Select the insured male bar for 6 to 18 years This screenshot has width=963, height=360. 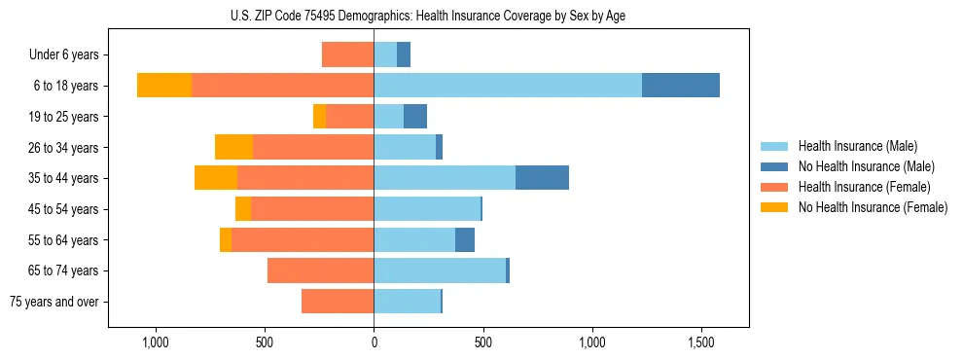507,86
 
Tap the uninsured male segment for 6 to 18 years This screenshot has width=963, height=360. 681,86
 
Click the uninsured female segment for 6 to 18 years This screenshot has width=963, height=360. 164,86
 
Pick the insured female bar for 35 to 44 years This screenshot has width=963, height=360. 305,178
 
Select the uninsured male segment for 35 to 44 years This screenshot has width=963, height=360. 542,178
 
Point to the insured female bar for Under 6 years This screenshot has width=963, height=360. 347,54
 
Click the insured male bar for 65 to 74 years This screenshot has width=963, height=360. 440,270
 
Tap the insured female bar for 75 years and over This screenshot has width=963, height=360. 338,302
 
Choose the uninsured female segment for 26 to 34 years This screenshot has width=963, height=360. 233,147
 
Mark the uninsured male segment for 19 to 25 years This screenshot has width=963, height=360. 415,117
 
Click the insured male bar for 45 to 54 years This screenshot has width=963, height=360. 427,209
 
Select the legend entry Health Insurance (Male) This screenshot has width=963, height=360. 857,146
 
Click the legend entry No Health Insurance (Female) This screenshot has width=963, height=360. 873,207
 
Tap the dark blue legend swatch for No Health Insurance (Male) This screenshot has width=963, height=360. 774,166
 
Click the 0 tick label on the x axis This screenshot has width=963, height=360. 374,342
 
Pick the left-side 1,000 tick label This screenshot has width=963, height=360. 155,342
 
